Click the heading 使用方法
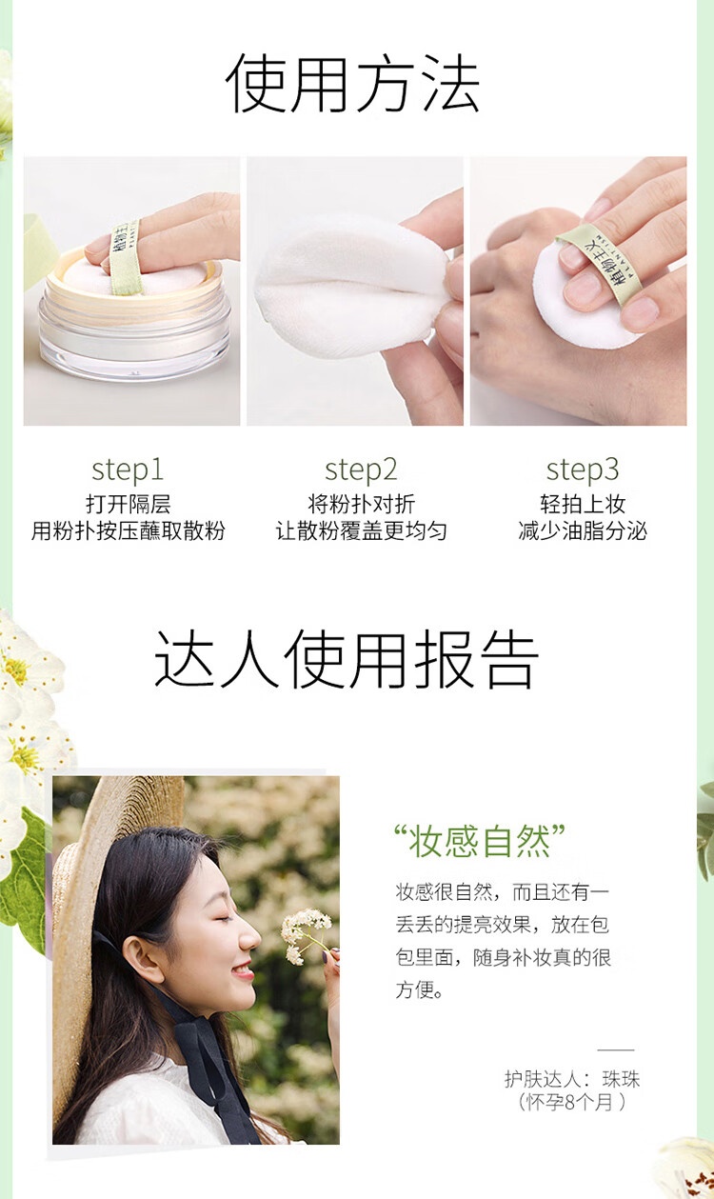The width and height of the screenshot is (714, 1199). [352, 84]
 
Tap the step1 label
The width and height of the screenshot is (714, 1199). [128, 470]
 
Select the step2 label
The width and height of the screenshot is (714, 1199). [361, 470]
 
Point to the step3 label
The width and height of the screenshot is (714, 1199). [583, 470]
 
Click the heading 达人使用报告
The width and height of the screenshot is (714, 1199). [347, 658]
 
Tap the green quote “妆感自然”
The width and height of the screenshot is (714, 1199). [480, 841]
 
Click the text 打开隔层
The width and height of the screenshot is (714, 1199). [128, 504]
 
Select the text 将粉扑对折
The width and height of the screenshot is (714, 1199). [361, 504]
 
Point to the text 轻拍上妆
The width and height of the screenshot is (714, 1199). [583, 504]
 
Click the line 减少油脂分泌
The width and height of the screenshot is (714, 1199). [583, 530]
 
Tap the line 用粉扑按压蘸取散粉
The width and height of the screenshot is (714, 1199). [128, 530]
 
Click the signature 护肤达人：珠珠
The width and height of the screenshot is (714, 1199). [571, 1079]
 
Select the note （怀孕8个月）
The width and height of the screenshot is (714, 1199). [571, 1102]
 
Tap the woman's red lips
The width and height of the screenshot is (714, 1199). [244, 969]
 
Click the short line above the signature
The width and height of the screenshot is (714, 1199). [616, 1049]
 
